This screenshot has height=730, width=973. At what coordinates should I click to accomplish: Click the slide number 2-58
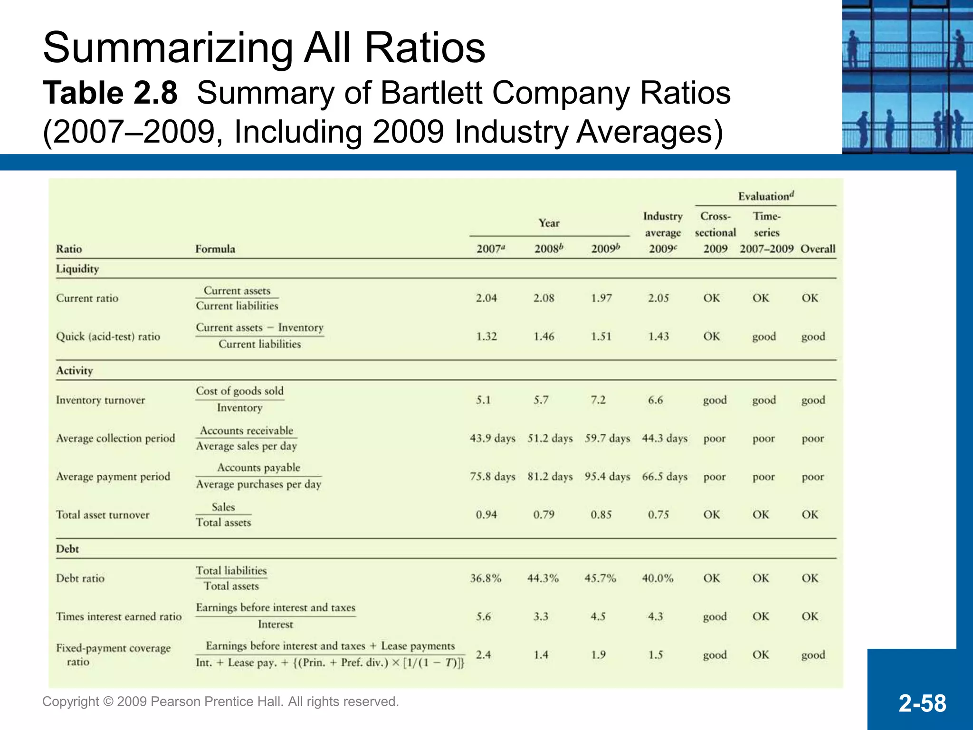click(922, 703)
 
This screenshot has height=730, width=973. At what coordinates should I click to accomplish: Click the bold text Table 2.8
click(110, 93)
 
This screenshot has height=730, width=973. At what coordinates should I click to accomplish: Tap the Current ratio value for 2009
click(601, 298)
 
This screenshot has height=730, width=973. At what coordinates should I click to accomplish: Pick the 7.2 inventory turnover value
click(598, 400)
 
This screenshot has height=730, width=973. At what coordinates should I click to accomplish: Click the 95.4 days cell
click(607, 477)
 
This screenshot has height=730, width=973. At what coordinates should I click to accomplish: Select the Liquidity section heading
click(77, 269)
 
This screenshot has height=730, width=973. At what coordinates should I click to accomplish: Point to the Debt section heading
click(67, 549)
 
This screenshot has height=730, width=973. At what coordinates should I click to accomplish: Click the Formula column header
click(215, 249)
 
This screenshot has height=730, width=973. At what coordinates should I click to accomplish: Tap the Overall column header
click(818, 249)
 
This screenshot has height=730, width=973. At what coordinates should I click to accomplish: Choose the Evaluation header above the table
click(765, 196)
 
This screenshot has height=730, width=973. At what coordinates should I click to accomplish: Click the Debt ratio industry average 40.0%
click(658, 578)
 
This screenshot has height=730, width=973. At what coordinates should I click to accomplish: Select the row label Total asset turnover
click(103, 515)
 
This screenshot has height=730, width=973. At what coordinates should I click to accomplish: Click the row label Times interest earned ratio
click(119, 616)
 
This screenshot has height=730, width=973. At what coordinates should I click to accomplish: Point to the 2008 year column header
click(548, 249)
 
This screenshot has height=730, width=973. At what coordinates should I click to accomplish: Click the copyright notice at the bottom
click(220, 701)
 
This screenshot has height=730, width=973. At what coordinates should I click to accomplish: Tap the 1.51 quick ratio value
click(601, 336)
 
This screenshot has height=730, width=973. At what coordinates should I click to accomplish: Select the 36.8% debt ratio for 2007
click(486, 578)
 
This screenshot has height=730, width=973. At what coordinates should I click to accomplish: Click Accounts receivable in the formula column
click(247, 431)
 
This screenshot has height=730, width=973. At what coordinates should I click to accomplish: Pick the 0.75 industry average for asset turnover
click(658, 515)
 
